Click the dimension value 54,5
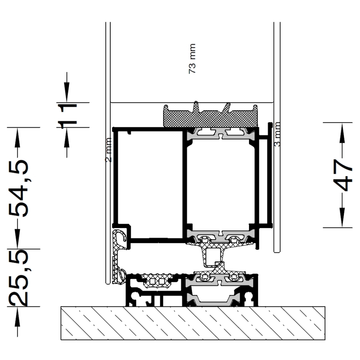coord(18,188)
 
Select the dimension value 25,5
coord(18,278)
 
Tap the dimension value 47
coord(343,175)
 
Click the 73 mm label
coord(192,59)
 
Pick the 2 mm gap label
coord(108,150)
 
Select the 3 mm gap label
coord(277,134)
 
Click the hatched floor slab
coord(193,323)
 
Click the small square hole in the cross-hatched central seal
coord(211,257)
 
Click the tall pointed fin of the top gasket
coord(196,107)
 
